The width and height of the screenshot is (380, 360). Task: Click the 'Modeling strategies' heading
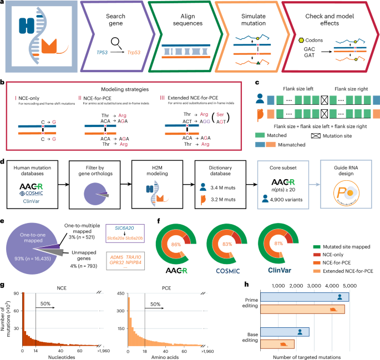127,89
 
